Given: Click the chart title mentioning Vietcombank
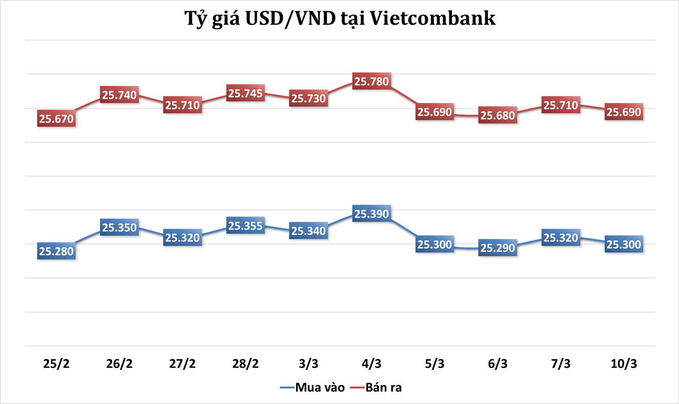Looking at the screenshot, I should click(x=340, y=19).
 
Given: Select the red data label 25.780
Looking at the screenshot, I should click(x=372, y=81).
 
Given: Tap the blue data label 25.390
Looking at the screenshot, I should click(x=372, y=214).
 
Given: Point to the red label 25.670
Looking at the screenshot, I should click(x=57, y=119).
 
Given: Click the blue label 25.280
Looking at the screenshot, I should click(x=57, y=252).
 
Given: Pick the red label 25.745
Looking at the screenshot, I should click(x=246, y=94).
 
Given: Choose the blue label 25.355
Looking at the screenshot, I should click(x=246, y=226).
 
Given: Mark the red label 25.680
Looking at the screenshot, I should click(x=497, y=116).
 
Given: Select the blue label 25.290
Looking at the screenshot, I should click(x=497, y=248).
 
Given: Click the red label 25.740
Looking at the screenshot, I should click(x=120, y=95).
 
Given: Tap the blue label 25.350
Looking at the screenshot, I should click(x=120, y=227).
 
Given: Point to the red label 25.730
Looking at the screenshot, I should click(x=308, y=98).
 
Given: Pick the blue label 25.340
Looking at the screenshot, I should click(x=308, y=231).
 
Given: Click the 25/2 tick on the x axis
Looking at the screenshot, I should click(x=56, y=364).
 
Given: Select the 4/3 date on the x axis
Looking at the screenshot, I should click(x=372, y=364).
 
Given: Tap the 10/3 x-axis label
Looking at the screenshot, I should click(x=623, y=364).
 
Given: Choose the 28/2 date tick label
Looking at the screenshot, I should click(x=246, y=364).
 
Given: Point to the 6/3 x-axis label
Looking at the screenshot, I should click(x=497, y=364).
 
